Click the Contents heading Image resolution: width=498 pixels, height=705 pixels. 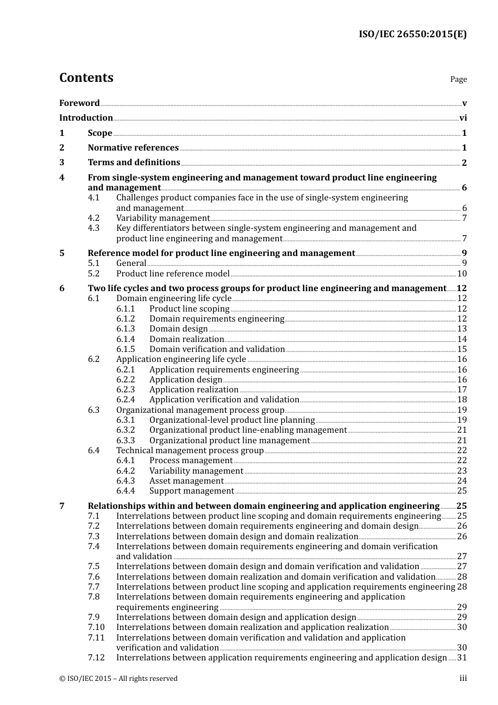pos(86,78)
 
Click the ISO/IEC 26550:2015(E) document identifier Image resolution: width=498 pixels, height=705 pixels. pos(412,35)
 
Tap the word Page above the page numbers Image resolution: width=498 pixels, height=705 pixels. pos(458,79)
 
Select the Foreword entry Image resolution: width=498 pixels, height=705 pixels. pos(79,103)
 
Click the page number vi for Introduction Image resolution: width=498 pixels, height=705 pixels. pos(463,118)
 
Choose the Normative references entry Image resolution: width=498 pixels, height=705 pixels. pos(133,148)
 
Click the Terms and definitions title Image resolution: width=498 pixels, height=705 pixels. pos(134,163)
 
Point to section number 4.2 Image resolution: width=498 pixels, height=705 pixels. pos(93,218)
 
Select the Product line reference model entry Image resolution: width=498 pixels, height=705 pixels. pos(172,274)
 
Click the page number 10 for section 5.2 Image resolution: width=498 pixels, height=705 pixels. pos(462,274)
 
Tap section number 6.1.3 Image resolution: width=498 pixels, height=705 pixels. pos(125,329)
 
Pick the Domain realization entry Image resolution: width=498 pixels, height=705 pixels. pos(186,339)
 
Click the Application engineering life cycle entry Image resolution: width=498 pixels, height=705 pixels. pos(181,359)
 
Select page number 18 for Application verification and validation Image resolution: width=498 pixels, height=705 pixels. pos(462,400)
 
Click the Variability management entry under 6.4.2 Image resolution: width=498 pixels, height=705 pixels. pos(196,471)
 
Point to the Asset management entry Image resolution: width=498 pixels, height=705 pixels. pos(186,481)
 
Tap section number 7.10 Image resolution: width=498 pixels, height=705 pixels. pos(96,627)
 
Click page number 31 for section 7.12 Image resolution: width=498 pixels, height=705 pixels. pos(462,658)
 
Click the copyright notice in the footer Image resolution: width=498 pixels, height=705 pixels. pos(118,679)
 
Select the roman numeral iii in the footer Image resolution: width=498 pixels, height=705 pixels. pos(463,679)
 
